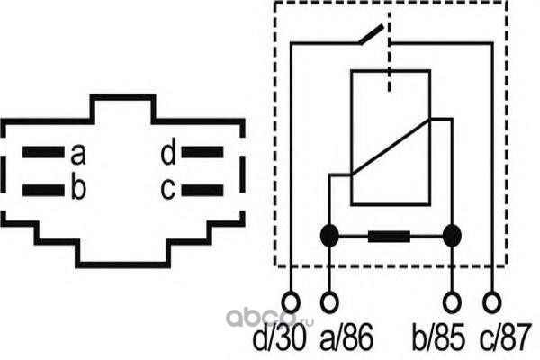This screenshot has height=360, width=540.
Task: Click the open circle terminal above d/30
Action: point(290,299)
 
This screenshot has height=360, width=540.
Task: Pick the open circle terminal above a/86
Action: point(331,299)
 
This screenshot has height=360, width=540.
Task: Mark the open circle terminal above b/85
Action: point(452,299)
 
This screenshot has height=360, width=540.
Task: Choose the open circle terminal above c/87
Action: point(491,299)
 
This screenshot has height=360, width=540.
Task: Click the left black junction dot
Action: point(331,237)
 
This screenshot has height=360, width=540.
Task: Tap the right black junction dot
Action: point(452,237)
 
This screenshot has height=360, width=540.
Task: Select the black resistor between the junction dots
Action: point(391,238)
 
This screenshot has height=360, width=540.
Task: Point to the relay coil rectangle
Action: point(391,139)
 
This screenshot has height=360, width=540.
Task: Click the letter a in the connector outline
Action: point(78,155)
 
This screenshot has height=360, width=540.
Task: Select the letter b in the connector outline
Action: point(78,188)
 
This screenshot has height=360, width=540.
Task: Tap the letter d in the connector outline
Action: point(168,155)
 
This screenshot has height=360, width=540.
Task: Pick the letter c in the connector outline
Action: point(168,189)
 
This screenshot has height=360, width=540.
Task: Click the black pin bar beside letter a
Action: point(43,153)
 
